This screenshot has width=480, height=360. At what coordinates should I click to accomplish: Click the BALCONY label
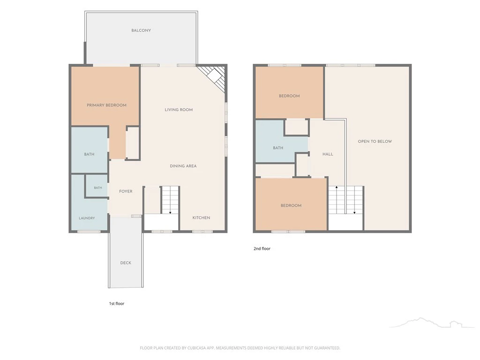[x=141, y=30]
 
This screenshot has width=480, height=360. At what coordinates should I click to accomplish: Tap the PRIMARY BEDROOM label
[x=106, y=105]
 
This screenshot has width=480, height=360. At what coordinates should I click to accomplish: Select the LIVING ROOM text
[x=179, y=110]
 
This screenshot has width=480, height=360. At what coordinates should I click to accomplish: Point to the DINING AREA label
[x=183, y=166]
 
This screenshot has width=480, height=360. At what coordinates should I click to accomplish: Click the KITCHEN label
[x=201, y=217]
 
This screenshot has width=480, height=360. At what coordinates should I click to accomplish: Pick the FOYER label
[x=126, y=191]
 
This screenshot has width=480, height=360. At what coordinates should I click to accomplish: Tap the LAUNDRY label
[x=87, y=218]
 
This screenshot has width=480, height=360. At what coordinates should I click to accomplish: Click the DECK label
[x=126, y=262]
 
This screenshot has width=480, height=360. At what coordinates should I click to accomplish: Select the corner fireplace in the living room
[x=213, y=78]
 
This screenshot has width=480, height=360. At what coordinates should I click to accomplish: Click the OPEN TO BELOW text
[x=375, y=141]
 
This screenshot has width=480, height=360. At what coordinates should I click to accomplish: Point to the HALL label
[x=328, y=154]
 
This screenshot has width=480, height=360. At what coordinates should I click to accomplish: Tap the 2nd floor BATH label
[x=278, y=148]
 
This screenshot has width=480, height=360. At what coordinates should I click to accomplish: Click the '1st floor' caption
[x=117, y=303]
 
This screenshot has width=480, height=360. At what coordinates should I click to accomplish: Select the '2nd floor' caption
[x=262, y=248]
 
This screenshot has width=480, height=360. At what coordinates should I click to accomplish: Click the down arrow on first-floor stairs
[x=170, y=212]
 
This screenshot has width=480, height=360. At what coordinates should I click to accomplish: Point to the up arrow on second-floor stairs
[x=337, y=187]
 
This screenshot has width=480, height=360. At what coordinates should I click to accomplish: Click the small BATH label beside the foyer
[x=98, y=187]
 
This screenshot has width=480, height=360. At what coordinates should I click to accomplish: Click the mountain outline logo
[x=431, y=322]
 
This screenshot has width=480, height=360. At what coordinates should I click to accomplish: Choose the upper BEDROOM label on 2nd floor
[x=289, y=96]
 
